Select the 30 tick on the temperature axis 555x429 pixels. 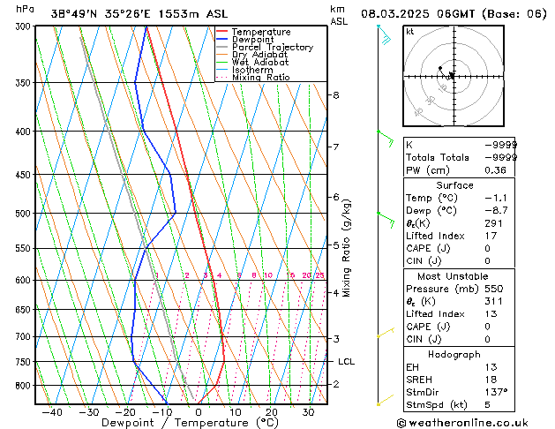click(x=308, y=411)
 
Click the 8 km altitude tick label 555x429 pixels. click(x=335, y=94)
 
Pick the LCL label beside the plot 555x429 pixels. click(x=346, y=361)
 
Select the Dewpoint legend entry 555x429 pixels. click(x=251, y=40)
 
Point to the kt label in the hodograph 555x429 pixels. click(x=409, y=31)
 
